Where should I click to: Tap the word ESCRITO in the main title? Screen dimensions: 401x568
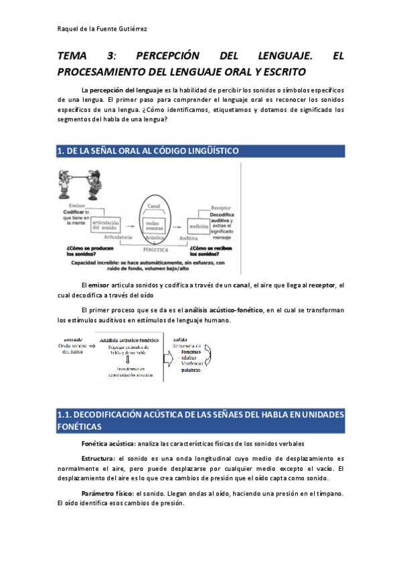(279, 71)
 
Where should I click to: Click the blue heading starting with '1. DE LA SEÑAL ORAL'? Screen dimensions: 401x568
(149, 152)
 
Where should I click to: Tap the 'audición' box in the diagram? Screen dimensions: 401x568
(201, 227)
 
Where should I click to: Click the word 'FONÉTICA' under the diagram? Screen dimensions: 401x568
(157, 249)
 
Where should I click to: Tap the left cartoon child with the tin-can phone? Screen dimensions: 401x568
(66, 181)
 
